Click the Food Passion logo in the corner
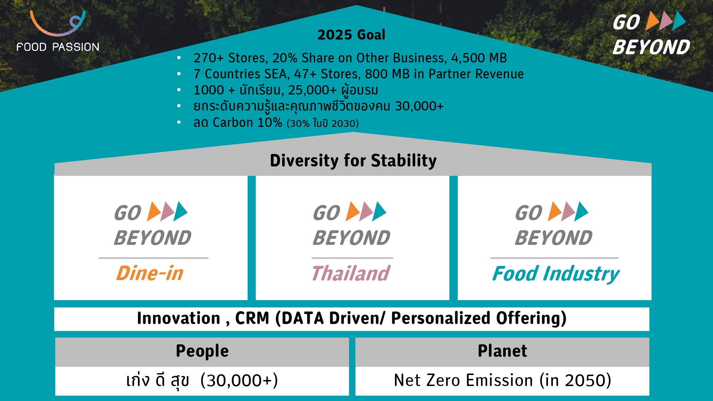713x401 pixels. pos(58,31)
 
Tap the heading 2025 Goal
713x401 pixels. pos(351,35)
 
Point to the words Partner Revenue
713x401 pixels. pos(476,74)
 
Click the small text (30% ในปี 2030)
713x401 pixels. pos(323,123)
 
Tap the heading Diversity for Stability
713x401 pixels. pos(353,160)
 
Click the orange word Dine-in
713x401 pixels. pos(150,273)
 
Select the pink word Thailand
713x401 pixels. pos(351,273)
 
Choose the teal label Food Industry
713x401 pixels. pos(555,274)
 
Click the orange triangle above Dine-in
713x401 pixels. pos(154,211)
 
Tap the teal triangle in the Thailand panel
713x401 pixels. pos(379,211)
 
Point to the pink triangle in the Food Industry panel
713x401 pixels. pos(568,211)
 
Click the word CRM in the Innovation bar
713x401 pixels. pos(252,318)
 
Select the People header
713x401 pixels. pos(202,351)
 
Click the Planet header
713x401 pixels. pos(502,351)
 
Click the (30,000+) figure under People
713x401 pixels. pos(239,381)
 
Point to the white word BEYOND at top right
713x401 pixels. pos(651,47)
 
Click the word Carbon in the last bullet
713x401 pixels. pos(233,123)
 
